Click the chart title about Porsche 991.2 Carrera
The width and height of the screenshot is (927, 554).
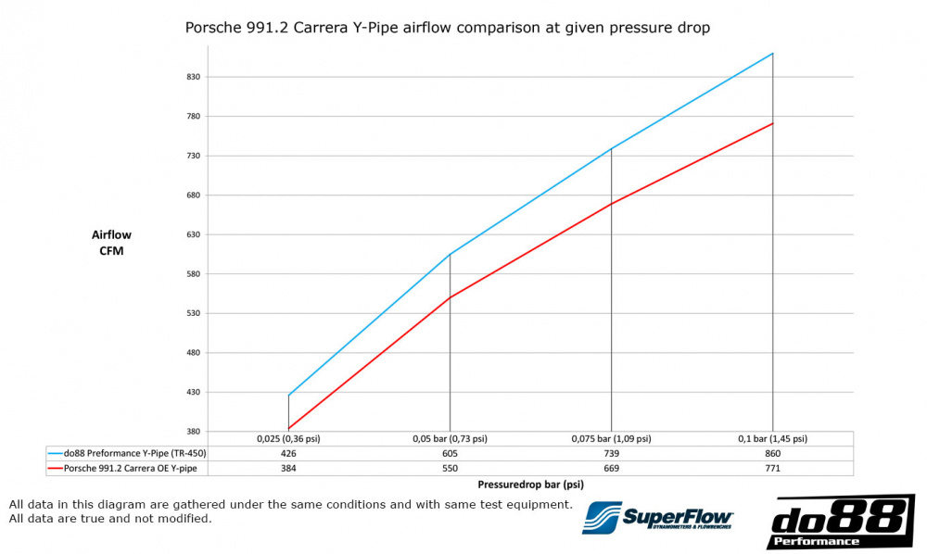pos(448,28)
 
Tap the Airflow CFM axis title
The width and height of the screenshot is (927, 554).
pos(111,243)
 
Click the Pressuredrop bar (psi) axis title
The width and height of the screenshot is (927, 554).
pos(531,484)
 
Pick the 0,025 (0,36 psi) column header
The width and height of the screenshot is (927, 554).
pos(288,439)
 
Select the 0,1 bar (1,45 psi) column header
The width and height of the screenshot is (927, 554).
pos(773,439)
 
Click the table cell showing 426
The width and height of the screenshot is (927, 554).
pos(288,453)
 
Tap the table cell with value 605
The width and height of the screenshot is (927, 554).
pos(450,453)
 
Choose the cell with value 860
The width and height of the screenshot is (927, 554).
pos(773,453)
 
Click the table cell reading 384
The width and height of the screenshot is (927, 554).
pos(288,468)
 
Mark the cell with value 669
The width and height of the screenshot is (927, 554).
pos(612,468)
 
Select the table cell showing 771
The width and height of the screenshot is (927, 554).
pos(773,468)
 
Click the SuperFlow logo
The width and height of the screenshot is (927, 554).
pos(658,520)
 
